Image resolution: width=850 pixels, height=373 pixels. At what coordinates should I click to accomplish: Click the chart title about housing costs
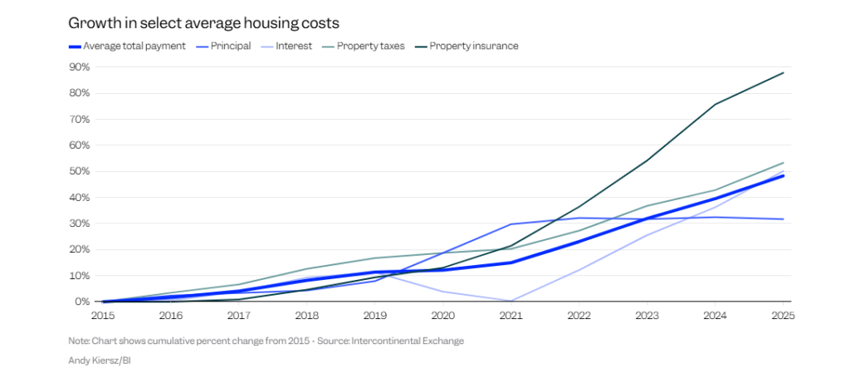203,23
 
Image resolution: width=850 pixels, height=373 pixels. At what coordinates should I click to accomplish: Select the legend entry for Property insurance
473,47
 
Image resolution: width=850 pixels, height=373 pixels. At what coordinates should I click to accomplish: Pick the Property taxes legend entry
370,47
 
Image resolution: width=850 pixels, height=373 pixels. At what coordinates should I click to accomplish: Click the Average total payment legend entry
134,47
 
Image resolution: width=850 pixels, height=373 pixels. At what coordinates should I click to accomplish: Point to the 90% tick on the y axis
80,67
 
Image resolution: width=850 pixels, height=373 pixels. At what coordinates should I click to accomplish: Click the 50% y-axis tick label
80,172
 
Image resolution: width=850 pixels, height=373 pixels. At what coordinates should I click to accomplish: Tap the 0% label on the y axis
82,302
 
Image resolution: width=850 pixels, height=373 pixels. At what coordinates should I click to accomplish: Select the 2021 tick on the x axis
510,316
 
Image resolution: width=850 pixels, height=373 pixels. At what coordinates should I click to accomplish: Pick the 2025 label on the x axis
784,316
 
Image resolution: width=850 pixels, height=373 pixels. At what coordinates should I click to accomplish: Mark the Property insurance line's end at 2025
784,73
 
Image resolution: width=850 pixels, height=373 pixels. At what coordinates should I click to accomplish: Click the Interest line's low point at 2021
510,301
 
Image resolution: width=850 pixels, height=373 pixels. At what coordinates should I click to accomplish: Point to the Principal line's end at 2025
784,219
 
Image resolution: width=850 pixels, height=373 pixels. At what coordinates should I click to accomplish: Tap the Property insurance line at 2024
716,105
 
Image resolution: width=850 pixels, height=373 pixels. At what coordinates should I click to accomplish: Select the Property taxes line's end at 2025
784,163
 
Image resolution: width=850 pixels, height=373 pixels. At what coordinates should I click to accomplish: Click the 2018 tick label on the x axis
306,316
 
